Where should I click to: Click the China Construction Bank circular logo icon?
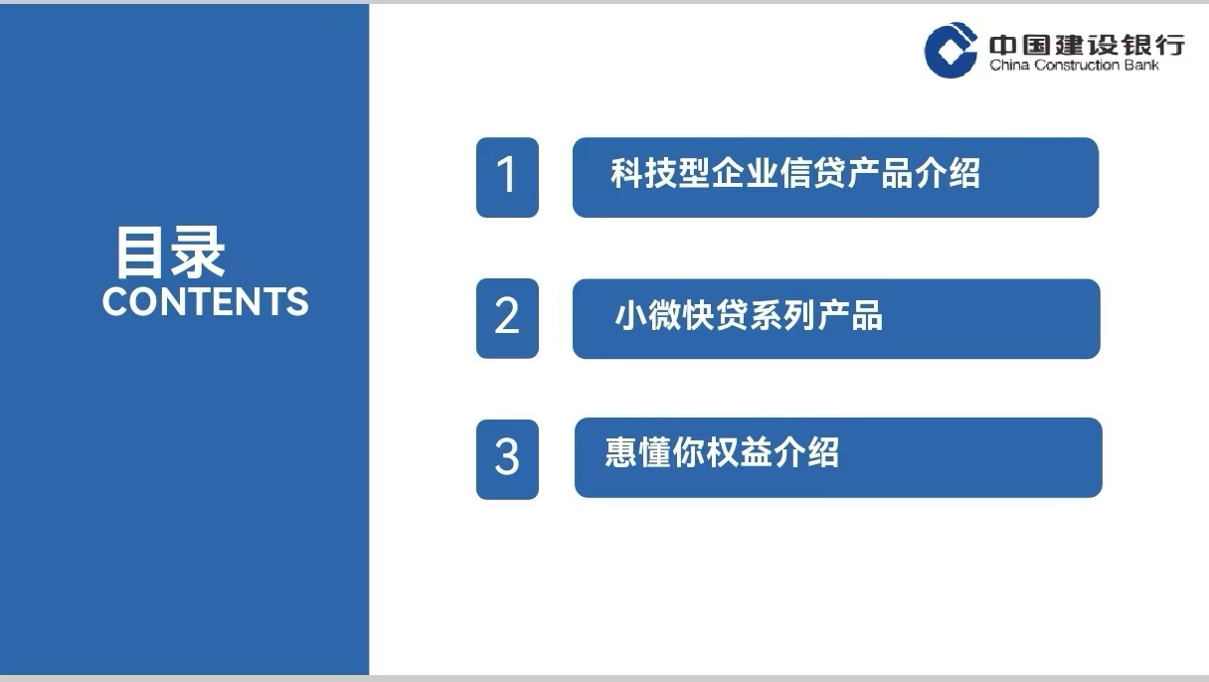(x=950, y=50)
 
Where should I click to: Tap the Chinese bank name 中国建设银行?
(x=1087, y=45)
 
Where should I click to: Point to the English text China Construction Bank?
(x=1074, y=66)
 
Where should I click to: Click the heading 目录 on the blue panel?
(x=170, y=253)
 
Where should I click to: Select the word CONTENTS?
(x=206, y=301)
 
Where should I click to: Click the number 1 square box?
(x=507, y=177)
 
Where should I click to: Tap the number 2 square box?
(x=507, y=318)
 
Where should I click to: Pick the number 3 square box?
(x=507, y=458)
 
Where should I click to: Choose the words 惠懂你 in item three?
(x=651, y=453)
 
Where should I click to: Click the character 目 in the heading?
(x=141, y=253)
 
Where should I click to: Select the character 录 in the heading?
(x=198, y=253)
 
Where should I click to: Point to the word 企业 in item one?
(x=744, y=174)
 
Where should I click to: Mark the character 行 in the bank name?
(x=1170, y=45)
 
